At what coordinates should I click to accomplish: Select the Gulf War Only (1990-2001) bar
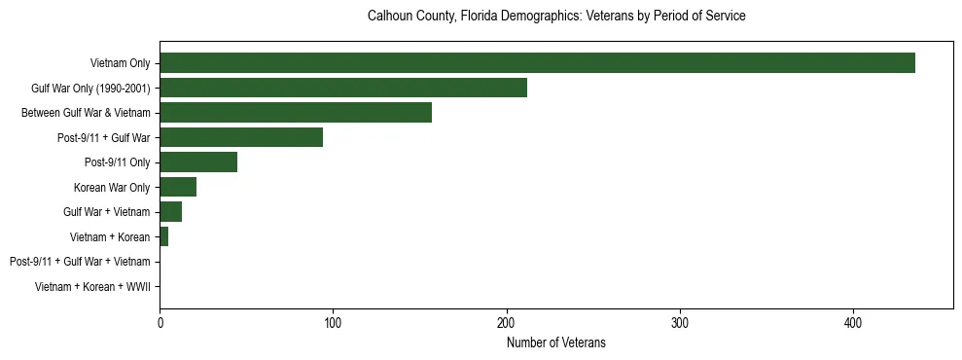pyautogui.click(x=343, y=89)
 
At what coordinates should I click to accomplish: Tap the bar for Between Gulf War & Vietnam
pyautogui.click(x=296, y=113)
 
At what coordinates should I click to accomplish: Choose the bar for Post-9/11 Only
pyautogui.click(x=198, y=162)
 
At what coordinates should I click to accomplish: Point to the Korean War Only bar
pyautogui.click(x=178, y=187)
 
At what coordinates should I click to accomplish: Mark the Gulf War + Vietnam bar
pyautogui.click(x=170, y=212)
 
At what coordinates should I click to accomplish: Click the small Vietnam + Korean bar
pyautogui.click(x=164, y=236)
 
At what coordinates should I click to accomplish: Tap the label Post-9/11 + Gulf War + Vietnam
pyautogui.click(x=80, y=262)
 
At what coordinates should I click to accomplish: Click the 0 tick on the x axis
pyautogui.click(x=160, y=322)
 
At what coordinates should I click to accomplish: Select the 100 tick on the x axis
pyautogui.click(x=333, y=322)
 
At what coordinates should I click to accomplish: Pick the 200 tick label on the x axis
pyautogui.click(x=506, y=322)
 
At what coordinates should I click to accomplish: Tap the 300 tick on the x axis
pyautogui.click(x=680, y=322)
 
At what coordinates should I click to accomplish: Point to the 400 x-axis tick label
pyautogui.click(x=853, y=322)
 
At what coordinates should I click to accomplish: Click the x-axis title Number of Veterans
pyautogui.click(x=555, y=342)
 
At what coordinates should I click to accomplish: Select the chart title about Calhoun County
pyautogui.click(x=555, y=17)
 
